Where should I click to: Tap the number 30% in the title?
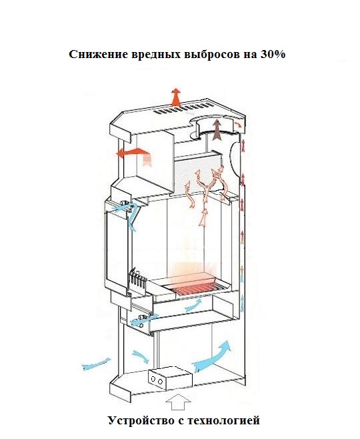click(x=273, y=54)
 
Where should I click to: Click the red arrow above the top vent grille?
click(x=176, y=97)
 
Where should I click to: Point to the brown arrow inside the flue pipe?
click(x=217, y=129)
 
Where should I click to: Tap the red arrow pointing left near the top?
click(x=133, y=155)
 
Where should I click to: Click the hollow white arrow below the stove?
click(x=178, y=402)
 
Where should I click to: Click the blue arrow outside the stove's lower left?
click(x=96, y=364)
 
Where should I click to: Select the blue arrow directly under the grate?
click(x=193, y=305)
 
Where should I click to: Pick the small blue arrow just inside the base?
click(x=141, y=356)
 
